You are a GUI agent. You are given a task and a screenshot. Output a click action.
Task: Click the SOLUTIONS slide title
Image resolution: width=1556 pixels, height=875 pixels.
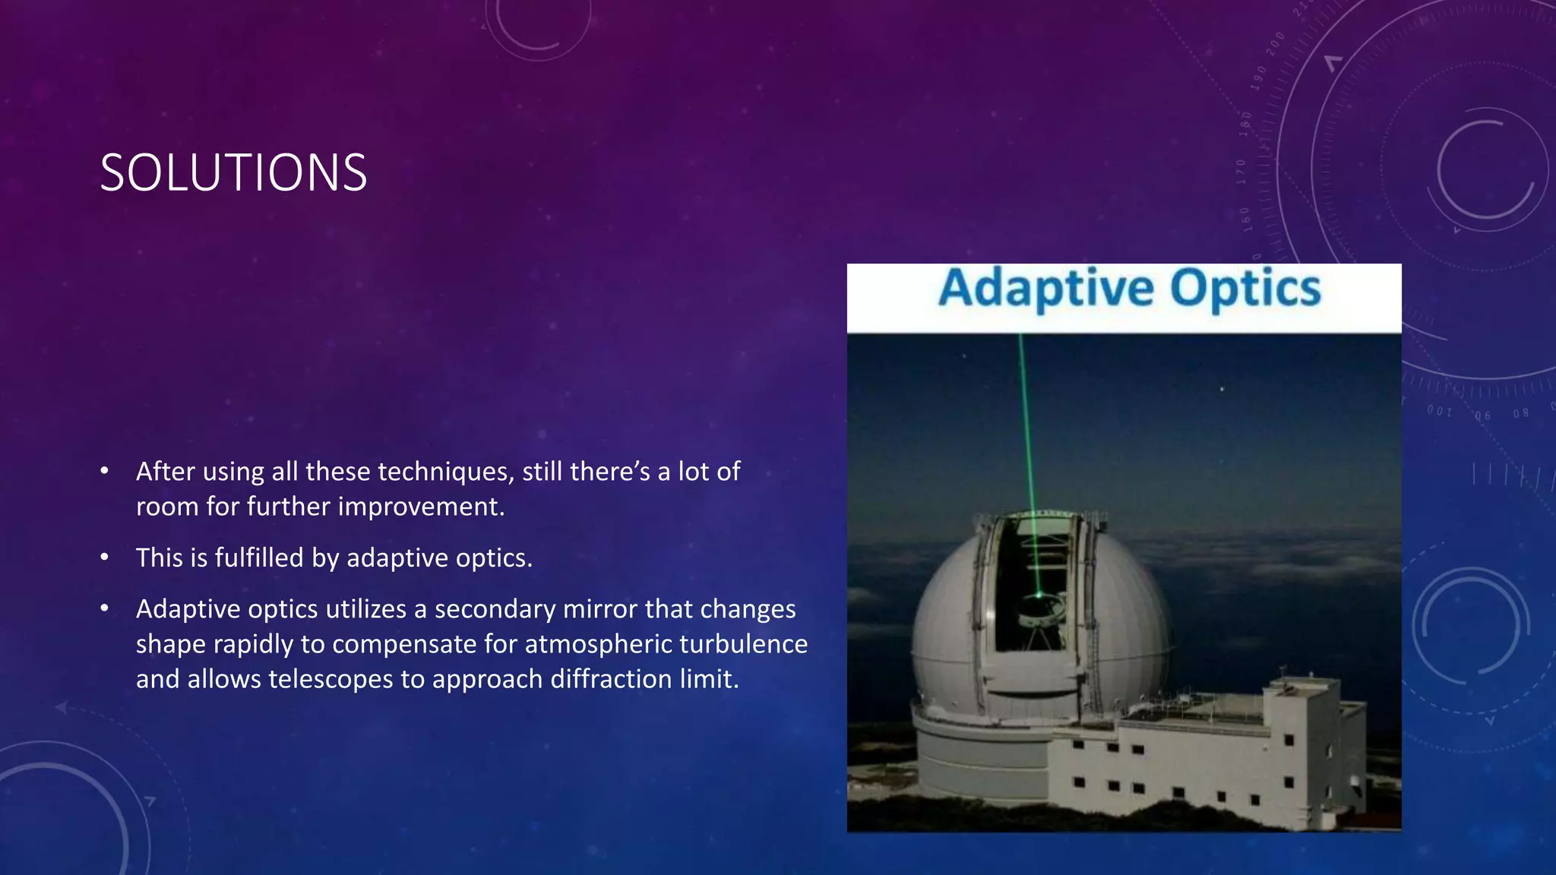tap(233, 173)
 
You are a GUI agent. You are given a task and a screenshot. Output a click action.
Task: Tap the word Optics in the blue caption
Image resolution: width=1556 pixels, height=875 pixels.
tap(1245, 289)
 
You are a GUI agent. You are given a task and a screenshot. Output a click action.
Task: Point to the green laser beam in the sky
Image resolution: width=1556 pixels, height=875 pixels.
tap(1026, 425)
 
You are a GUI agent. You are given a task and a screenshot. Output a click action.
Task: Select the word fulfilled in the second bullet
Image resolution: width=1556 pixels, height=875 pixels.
tap(259, 558)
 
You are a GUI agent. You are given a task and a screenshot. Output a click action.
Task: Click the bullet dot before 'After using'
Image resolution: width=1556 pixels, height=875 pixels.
tap(105, 472)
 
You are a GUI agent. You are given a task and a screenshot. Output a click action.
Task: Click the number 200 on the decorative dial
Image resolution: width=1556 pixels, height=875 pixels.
tap(1275, 43)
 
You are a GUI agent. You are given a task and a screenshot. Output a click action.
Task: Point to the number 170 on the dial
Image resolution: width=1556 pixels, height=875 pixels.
tap(1241, 172)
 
